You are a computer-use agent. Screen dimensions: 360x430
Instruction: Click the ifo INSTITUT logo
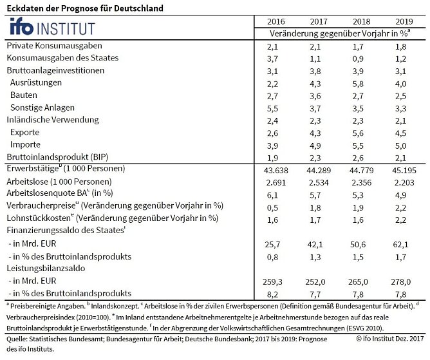(x=51, y=28)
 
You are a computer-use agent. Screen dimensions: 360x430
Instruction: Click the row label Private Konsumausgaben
(x=54, y=46)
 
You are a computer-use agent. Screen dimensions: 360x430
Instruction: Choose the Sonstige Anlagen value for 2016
(x=272, y=108)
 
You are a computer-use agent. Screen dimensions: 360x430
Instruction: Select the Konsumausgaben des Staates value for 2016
(x=272, y=59)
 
